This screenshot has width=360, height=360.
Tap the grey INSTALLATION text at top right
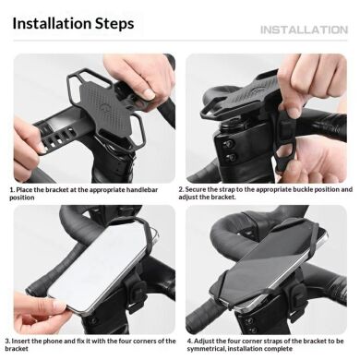tap(303, 30)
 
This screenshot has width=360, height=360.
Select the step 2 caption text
tap(269, 193)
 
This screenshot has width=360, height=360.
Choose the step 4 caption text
tap(269, 344)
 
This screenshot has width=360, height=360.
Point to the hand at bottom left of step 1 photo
tap(28, 148)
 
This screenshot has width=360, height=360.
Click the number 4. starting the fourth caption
tap(188, 340)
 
